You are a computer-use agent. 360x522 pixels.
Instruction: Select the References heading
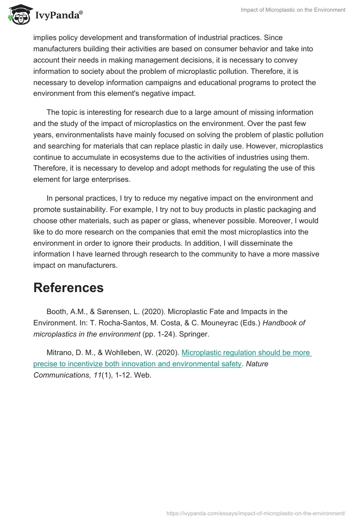point(68,288)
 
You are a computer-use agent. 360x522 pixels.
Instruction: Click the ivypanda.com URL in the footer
point(256,513)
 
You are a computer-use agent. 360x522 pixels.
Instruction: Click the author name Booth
point(57,311)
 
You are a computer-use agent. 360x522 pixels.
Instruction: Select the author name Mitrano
point(60,352)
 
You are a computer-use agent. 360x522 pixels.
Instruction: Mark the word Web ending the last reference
point(144,375)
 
